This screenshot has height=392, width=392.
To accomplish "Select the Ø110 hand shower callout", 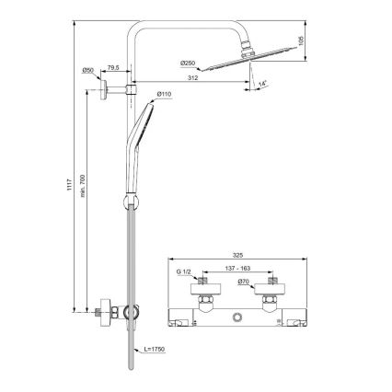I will [x=166, y=94].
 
